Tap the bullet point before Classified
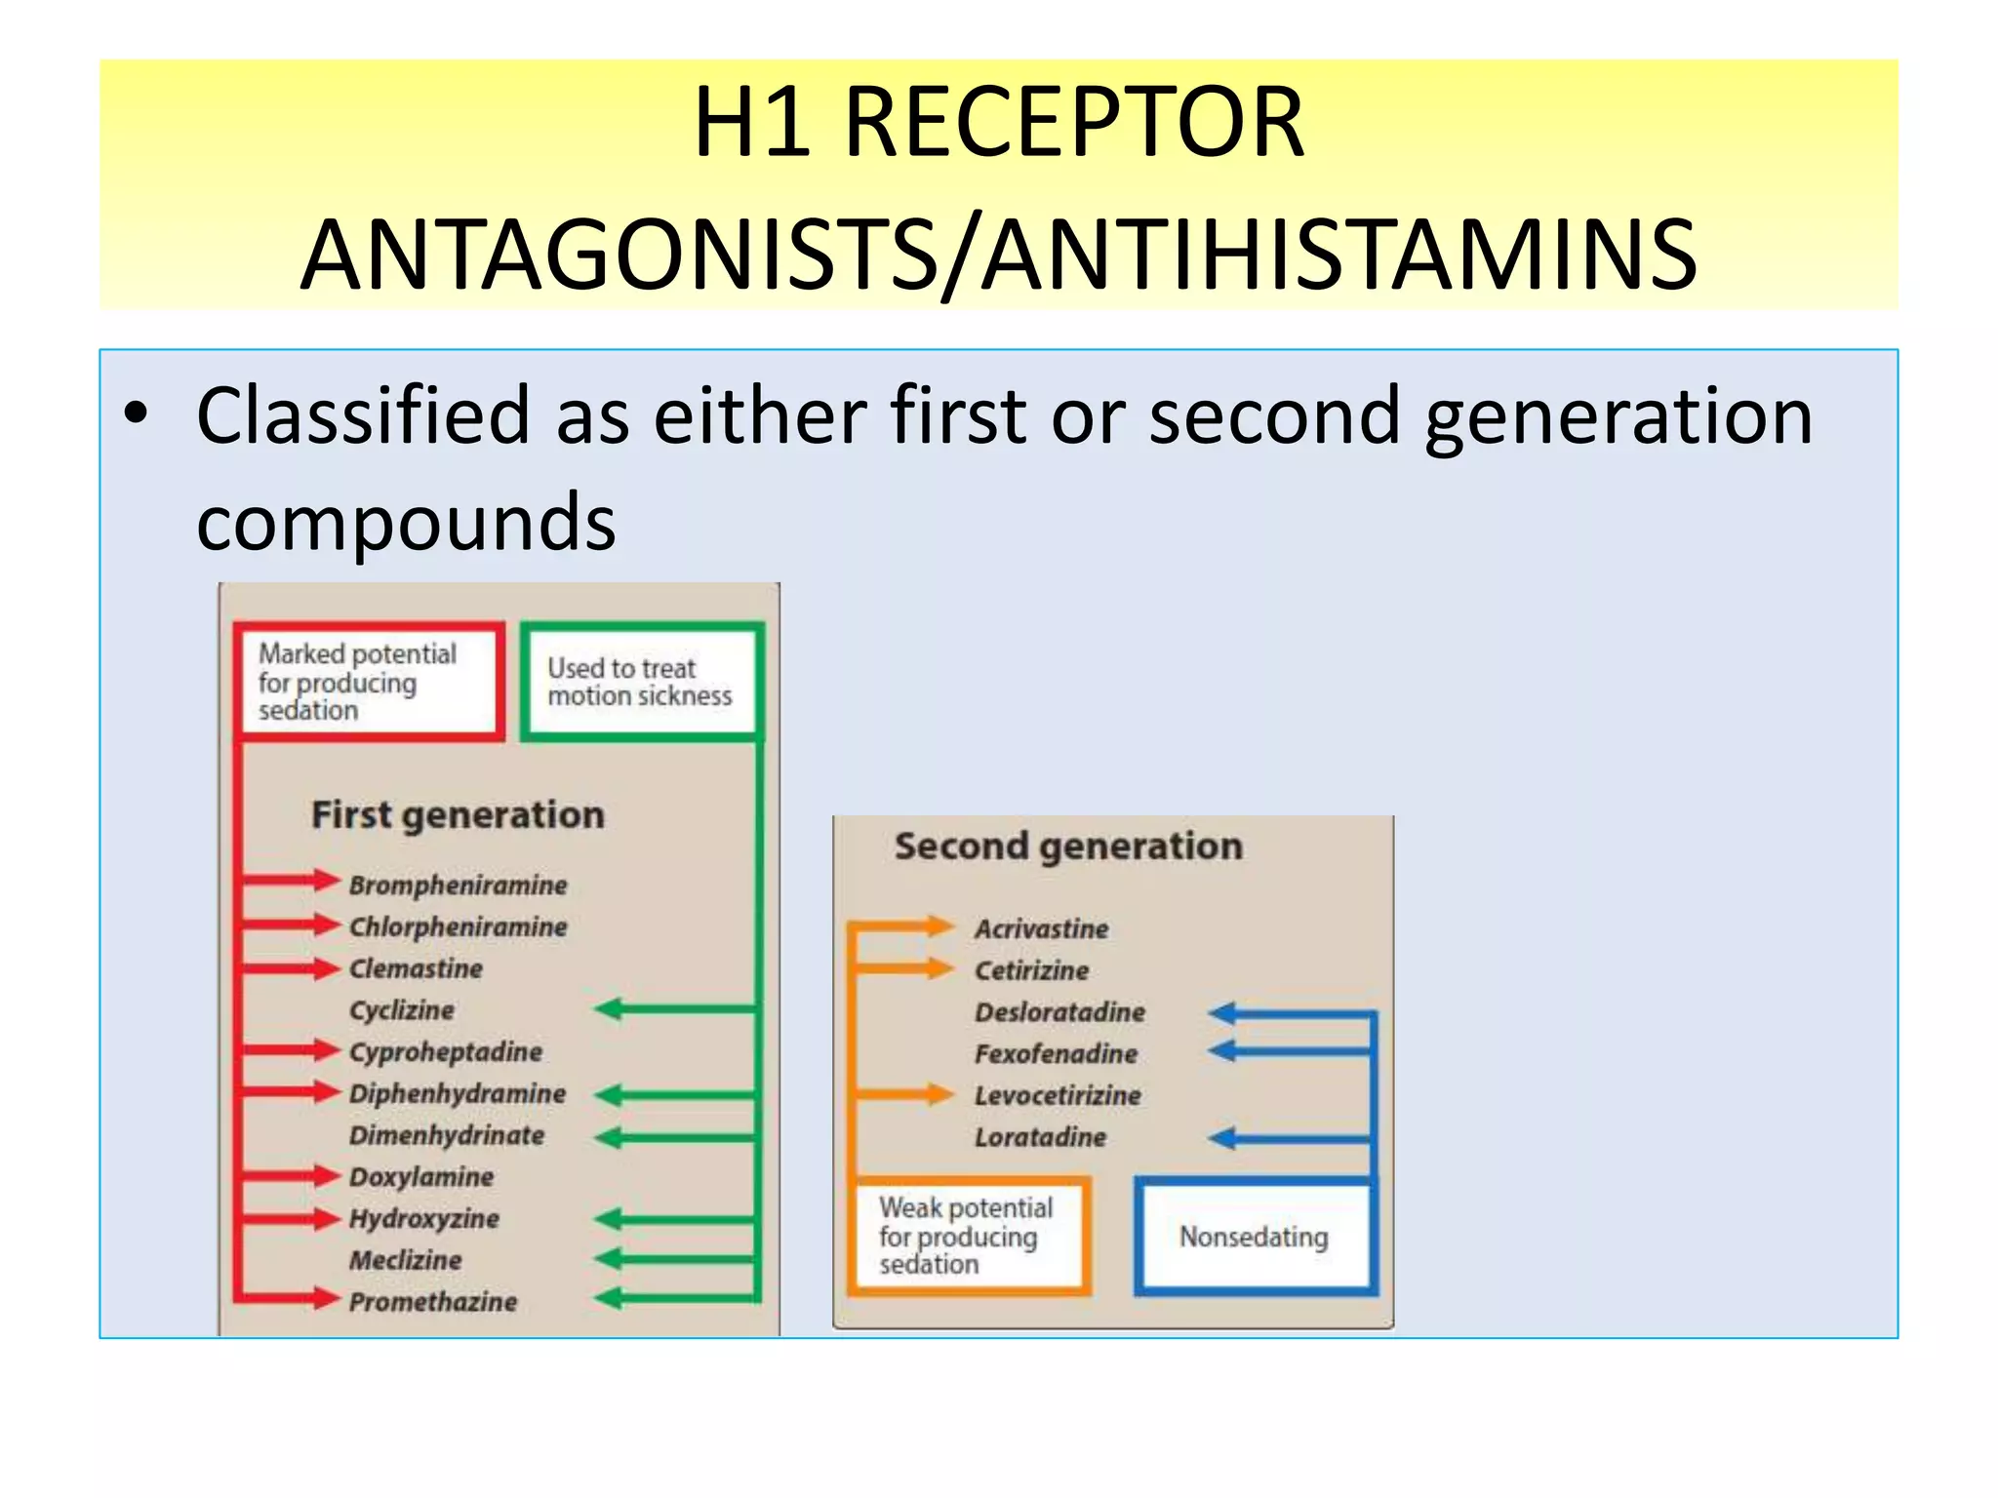[x=137, y=414]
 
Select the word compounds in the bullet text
[x=406, y=522]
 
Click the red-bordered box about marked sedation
[x=369, y=681]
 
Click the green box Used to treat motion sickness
[x=640, y=682]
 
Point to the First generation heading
[x=458, y=814]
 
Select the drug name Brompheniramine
[x=458, y=885]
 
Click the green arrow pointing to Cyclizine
[x=673, y=1008]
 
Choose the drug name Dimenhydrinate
[x=447, y=1135]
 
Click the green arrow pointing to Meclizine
[x=673, y=1258]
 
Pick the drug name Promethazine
[x=433, y=1302]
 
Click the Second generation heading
[x=1068, y=846]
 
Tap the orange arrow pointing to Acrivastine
[x=902, y=926]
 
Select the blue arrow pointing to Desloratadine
[x=1288, y=1013]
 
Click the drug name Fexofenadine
[x=1056, y=1053]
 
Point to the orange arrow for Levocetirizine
[x=902, y=1094]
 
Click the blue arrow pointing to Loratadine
[x=1288, y=1138]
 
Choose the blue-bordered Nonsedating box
[x=1254, y=1237]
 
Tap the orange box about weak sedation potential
[x=968, y=1236]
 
